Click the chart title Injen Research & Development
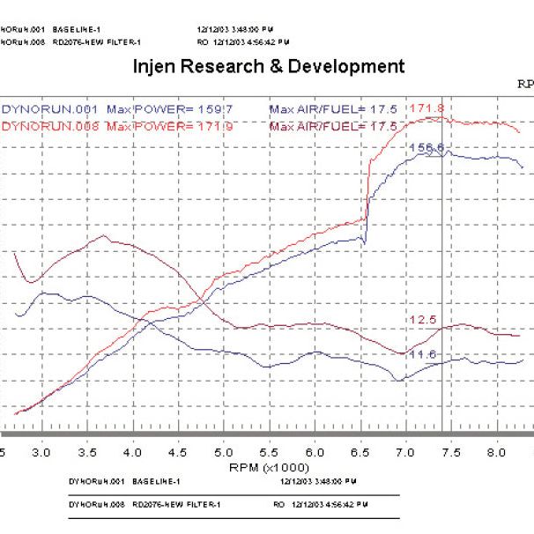(x=269, y=67)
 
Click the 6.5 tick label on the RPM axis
(x=360, y=451)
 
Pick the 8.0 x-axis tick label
(x=496, y=451)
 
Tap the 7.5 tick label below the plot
(x=451, y=451)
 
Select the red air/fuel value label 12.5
(x=422, y=319)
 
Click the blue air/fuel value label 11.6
(x=422, y=354)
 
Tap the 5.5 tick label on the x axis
(x=270, y=451)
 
